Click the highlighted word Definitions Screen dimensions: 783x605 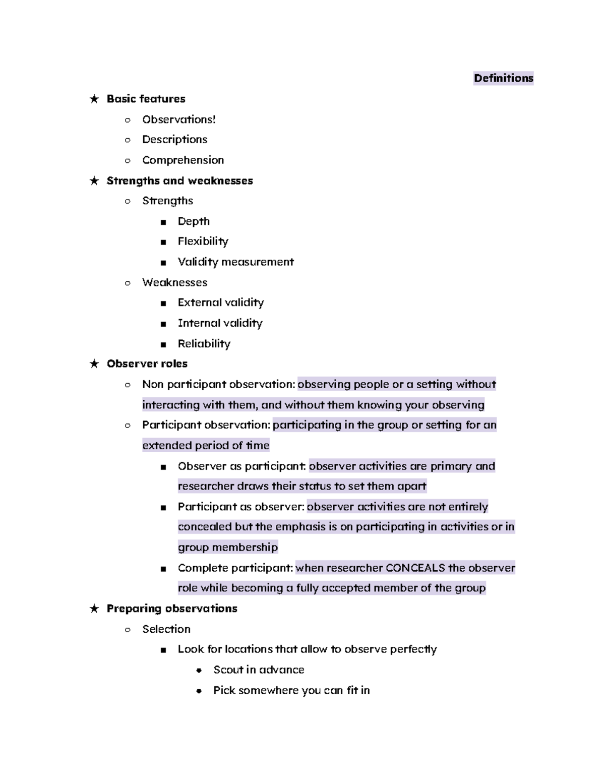[x=503, y=78]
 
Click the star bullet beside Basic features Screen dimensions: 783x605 [x=94, y=99]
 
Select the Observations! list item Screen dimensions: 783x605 [x=178, y=119]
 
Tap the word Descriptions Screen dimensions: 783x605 [x=174, y=140]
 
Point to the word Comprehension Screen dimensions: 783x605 [x=183, y=160]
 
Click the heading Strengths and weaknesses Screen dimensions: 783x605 [x=179, y=180]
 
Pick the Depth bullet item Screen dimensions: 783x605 [x=194, y=221]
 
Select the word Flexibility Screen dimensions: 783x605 [x=203, y=242]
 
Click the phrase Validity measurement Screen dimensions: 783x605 [x=235, y=262]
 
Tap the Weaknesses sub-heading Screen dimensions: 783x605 [x=174, y=282]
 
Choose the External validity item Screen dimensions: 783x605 [x=220, y=303]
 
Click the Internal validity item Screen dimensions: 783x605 [x=220, y=323]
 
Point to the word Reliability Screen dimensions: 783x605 [x=204, y=344]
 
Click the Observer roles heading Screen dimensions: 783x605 [x=147, y=364]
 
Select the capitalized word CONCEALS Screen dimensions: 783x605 [x=415, y=568]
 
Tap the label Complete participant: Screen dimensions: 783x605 [x=235, y=568]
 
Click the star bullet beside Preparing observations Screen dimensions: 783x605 [x=94, y=609]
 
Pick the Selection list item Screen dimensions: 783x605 [x=166, y=629]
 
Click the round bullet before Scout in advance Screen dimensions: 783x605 [x=199, y=671]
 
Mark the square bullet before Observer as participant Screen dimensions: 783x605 [x=163, y=467]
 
